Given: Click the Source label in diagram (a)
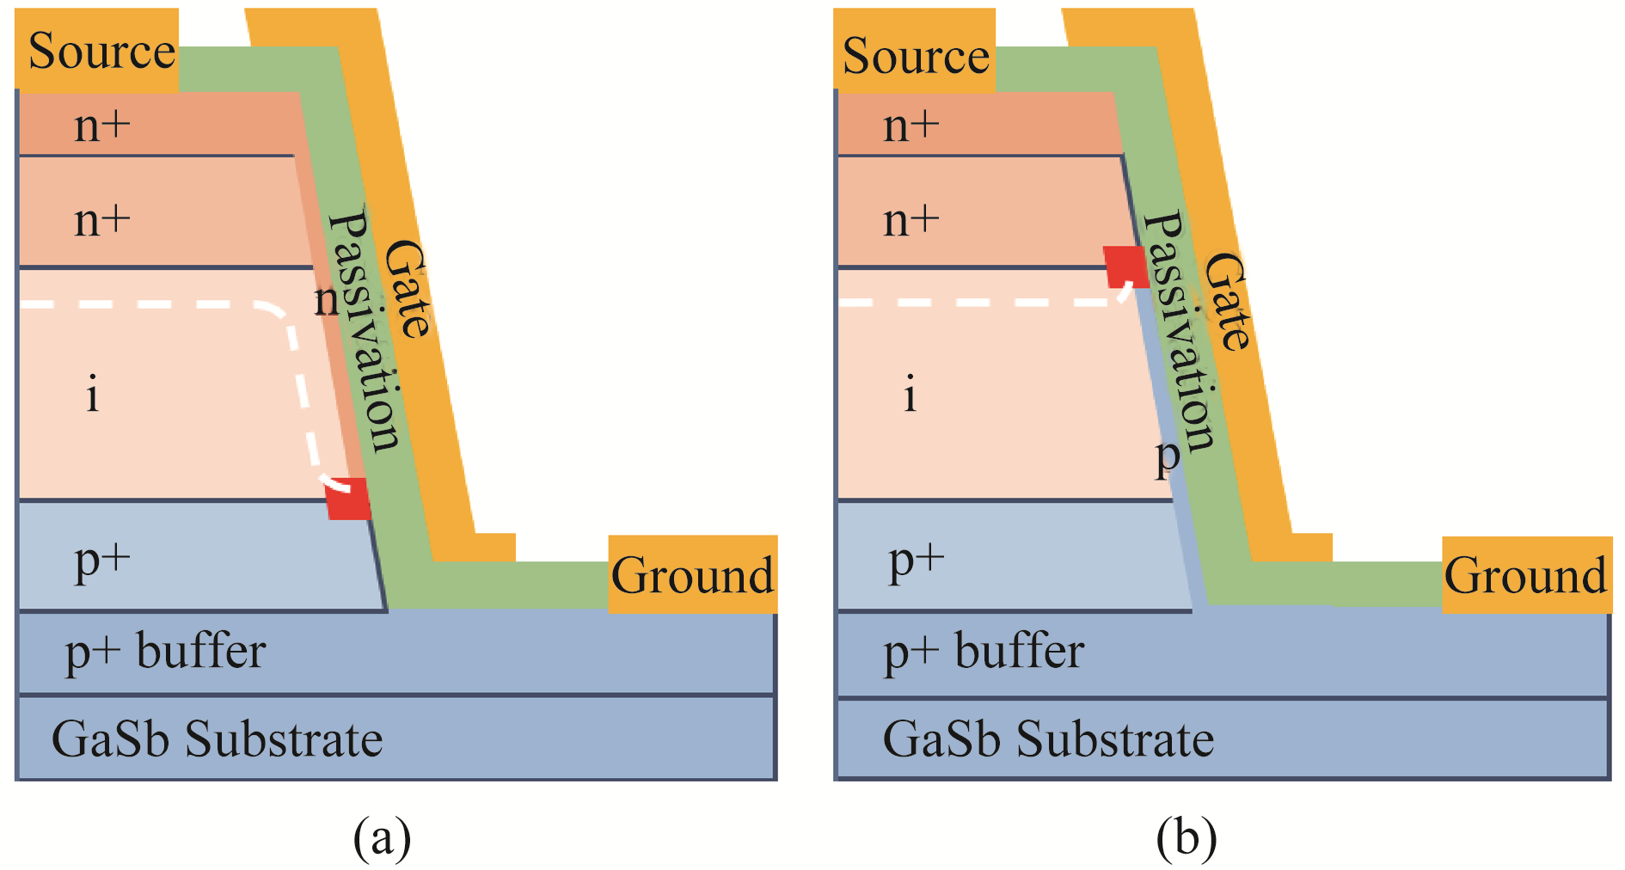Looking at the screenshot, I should [x=101, y=51].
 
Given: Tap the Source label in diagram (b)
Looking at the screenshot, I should [x=916, y=56].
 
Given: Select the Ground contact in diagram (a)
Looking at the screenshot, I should [x=692, y=574].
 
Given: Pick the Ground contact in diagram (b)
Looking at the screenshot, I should [x=1525, y=574].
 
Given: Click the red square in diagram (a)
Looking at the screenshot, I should [x=348, y=499].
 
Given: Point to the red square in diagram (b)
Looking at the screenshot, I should [x=1125, y=267].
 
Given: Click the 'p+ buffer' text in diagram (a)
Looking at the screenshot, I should [x=166, y=652].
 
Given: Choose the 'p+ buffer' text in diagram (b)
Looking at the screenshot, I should [x=984, y=652].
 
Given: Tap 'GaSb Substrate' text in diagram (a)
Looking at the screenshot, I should [x=217, y=739].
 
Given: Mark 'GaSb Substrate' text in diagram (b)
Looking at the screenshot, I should [x=1048, y=739].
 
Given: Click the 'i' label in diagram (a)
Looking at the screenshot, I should [x=93, y=395].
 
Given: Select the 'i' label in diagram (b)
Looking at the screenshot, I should [x=911, y=395].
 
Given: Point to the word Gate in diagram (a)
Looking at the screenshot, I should [x=406, y=288].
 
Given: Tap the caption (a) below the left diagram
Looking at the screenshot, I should [x=382, y=837].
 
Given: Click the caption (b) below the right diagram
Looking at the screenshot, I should [x=1186, y=837].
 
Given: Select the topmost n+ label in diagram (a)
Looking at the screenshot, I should [x=102, y=126].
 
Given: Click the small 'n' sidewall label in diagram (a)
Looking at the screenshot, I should [x=327, y=300].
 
